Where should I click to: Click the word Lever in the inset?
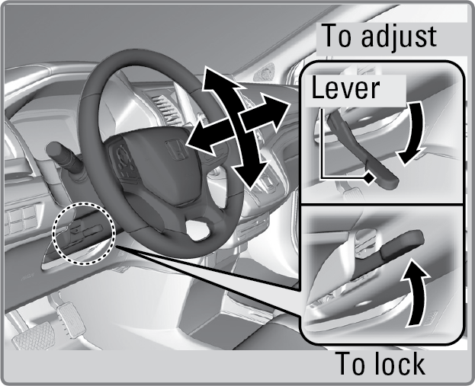click(x=345, y=88)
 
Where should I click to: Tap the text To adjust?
click(x=377, y=36)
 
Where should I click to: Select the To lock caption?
click(x=381, y=364)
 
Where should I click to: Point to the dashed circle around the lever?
click(x=83, y=233)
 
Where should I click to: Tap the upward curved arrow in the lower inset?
click(x=416, y=292)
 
